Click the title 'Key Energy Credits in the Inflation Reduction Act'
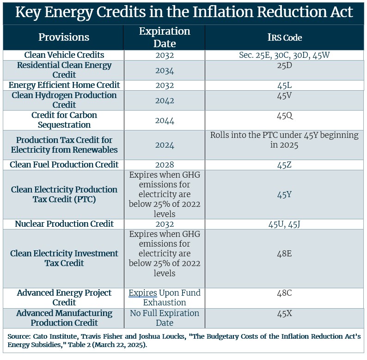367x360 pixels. click(x=183, y=12)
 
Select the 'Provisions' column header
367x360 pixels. click(x=64, y=37)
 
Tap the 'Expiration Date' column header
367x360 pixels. click(x=165, y=37)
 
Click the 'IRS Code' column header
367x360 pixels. click(x=284, y=37)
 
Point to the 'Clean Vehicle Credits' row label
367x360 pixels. click(x=64, y=55)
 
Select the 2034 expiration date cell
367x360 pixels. click(x=165, y=70)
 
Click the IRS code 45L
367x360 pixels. click(x=284, y=85)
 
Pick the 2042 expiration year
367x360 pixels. click(x=165, y=100)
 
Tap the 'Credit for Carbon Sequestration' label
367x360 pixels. click(x=64, y=120)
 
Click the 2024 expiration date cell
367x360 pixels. click(x=165, y=145)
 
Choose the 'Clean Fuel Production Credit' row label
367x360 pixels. click(x=64, y=165)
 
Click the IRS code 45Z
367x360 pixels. click(x=284, y=165)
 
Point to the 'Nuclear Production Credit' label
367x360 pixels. click(x=64, y=224)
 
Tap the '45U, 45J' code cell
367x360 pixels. click(x=284, y=224)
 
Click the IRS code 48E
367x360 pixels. click(x=284, y=254)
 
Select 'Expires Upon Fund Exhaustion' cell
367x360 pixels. click(x=165, y=298)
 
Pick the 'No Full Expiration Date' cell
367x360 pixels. click(x=165, y=318)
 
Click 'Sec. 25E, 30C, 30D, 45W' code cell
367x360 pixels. click(x=284, y=55)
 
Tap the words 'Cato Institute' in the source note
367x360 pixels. click(x=50, y=335)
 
